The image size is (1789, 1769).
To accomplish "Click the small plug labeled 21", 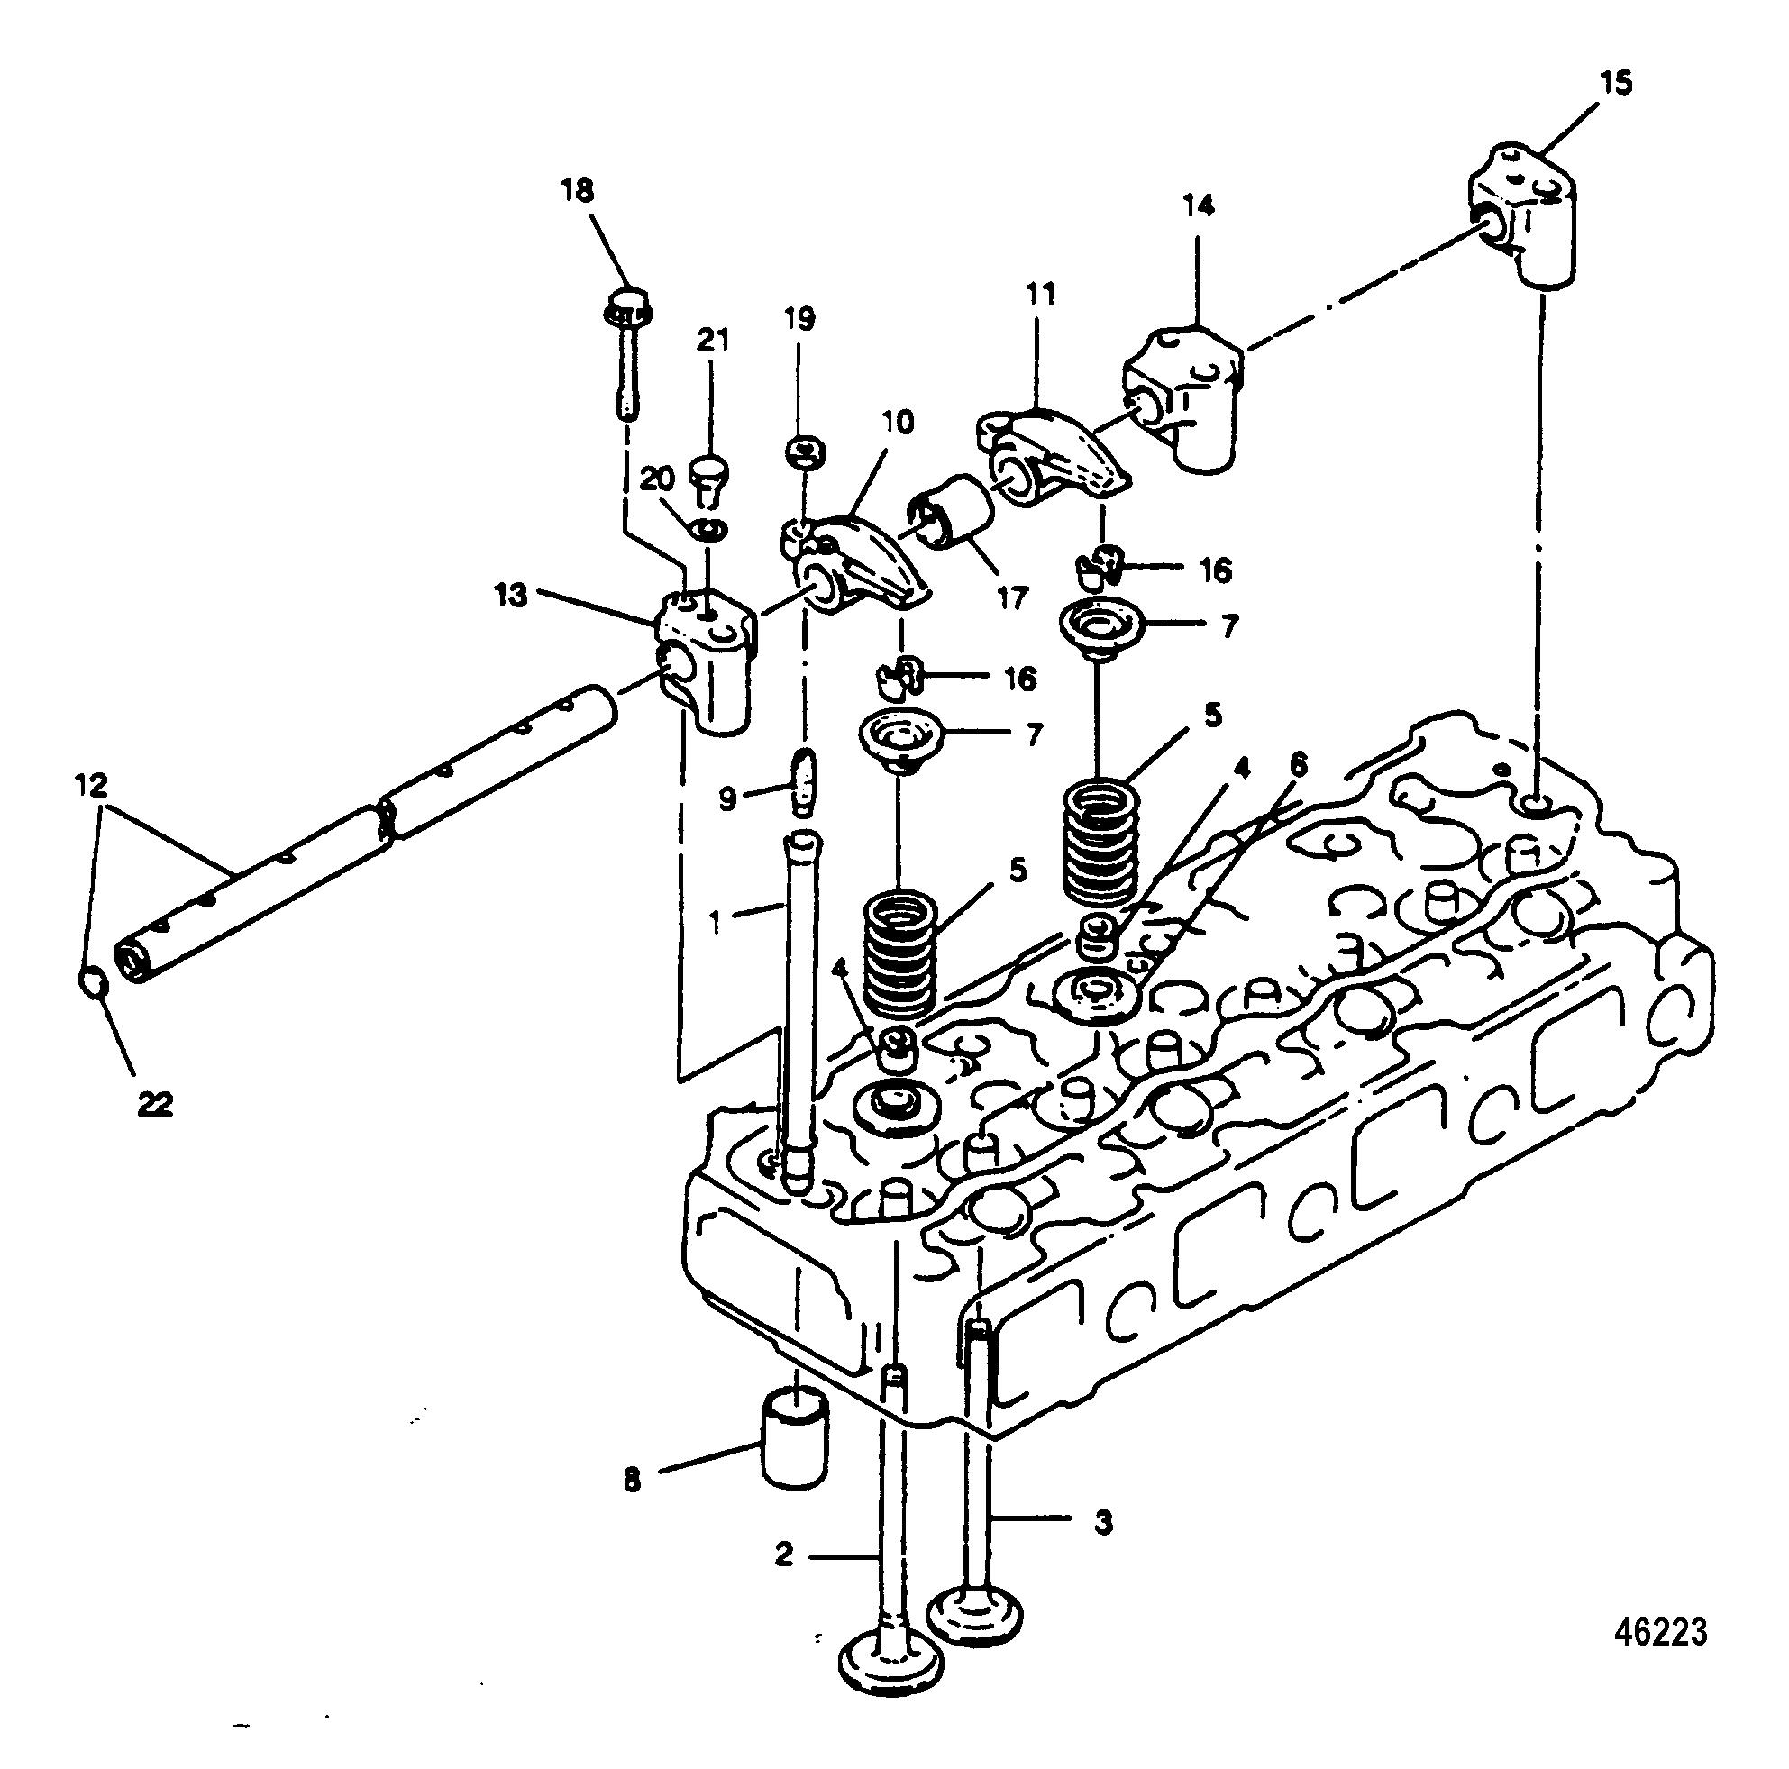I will click(x=710, y=473).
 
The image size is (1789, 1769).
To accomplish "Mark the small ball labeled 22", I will click(x=94, y=983).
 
